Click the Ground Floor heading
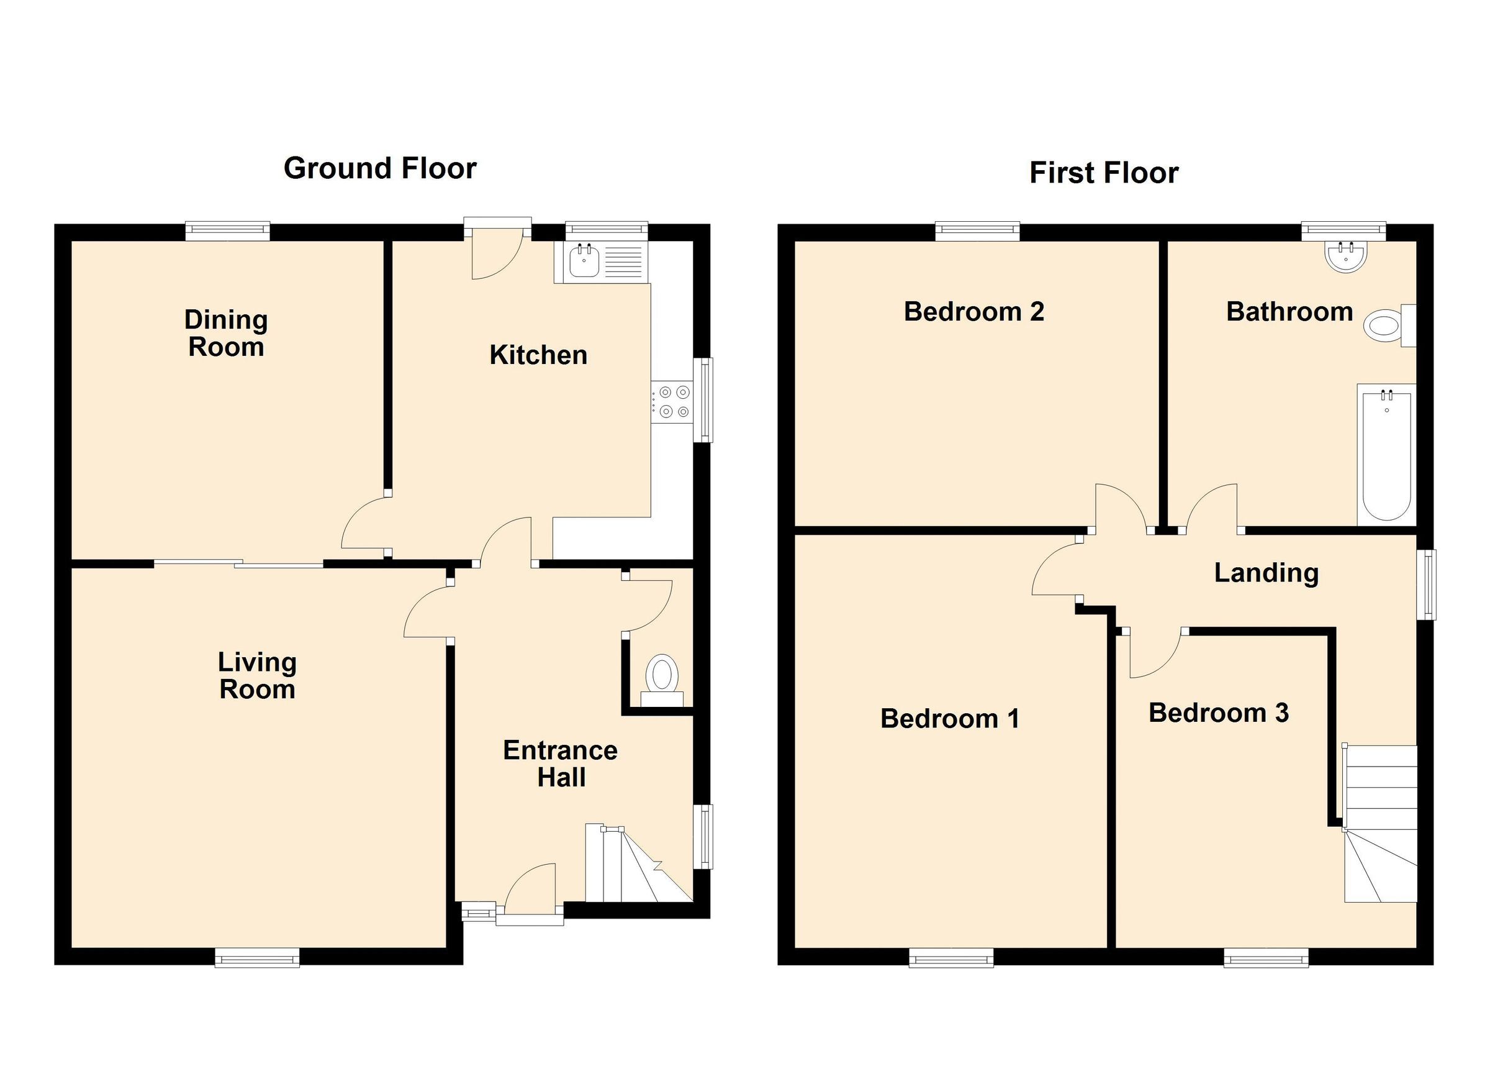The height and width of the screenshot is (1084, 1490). click(x=380, y=168)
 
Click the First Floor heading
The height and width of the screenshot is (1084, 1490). click(x=1104, y=173)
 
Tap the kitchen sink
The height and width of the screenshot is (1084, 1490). click(x=584, y=262)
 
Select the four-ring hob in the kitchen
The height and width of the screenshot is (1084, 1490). click(x=673, y=402)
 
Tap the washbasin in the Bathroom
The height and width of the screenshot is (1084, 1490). click(x=1345, y=256)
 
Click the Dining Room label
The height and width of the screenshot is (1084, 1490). click(x=226, y=334)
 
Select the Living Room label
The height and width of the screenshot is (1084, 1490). click(x=257, y=676)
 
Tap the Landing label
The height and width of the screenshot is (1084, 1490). click(x=1266, y=573)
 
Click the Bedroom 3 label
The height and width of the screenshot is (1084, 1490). click(x=1218, y=713)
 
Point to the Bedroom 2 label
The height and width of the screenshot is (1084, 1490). click(x=973, y=312)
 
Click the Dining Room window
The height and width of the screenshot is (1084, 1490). click(x=227, y=230)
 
